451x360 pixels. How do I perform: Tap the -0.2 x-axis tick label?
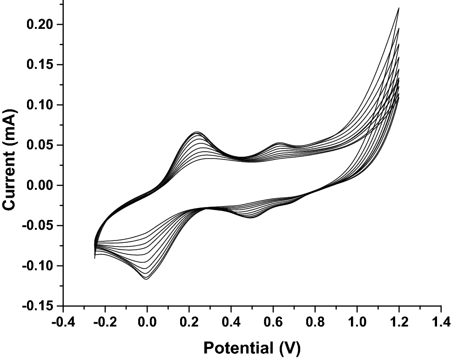tap(105, 321)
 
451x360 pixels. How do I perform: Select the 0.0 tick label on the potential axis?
tap(147, 321)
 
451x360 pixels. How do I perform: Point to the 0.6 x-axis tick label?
tap(273, 321)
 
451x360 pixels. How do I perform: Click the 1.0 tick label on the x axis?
tap(357, 321)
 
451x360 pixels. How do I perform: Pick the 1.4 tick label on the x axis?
tap(441, 321)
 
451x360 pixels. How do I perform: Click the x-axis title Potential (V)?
tap(252, 347)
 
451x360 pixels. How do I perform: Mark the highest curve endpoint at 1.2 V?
tap(399, 8)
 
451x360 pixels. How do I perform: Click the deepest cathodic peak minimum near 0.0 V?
tap(147, 279)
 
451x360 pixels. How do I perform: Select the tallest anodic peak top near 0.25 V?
tap(197, 132)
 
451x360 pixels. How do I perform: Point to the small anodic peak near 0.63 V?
tap(280, 143)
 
